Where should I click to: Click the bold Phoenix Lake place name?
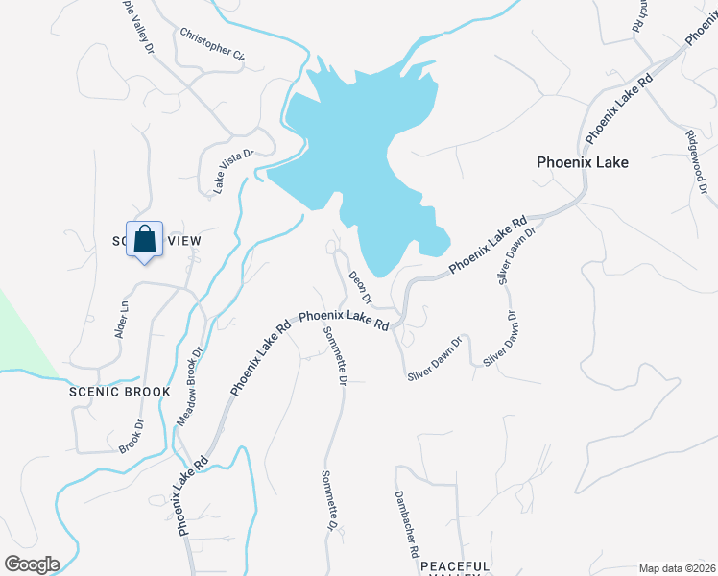tap(582, 162)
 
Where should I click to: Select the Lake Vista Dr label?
tap(232, 170)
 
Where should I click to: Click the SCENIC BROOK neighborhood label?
tap(119, 392)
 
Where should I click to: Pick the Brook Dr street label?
tap(131, 436)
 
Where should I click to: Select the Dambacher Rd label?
tap(407, 525)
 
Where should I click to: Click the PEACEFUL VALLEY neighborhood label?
tap(455, 567)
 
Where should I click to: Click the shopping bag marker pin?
tap(144, 239)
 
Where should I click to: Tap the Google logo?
tap(32, 564)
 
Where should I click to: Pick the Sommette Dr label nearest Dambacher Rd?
tap(327, 500)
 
